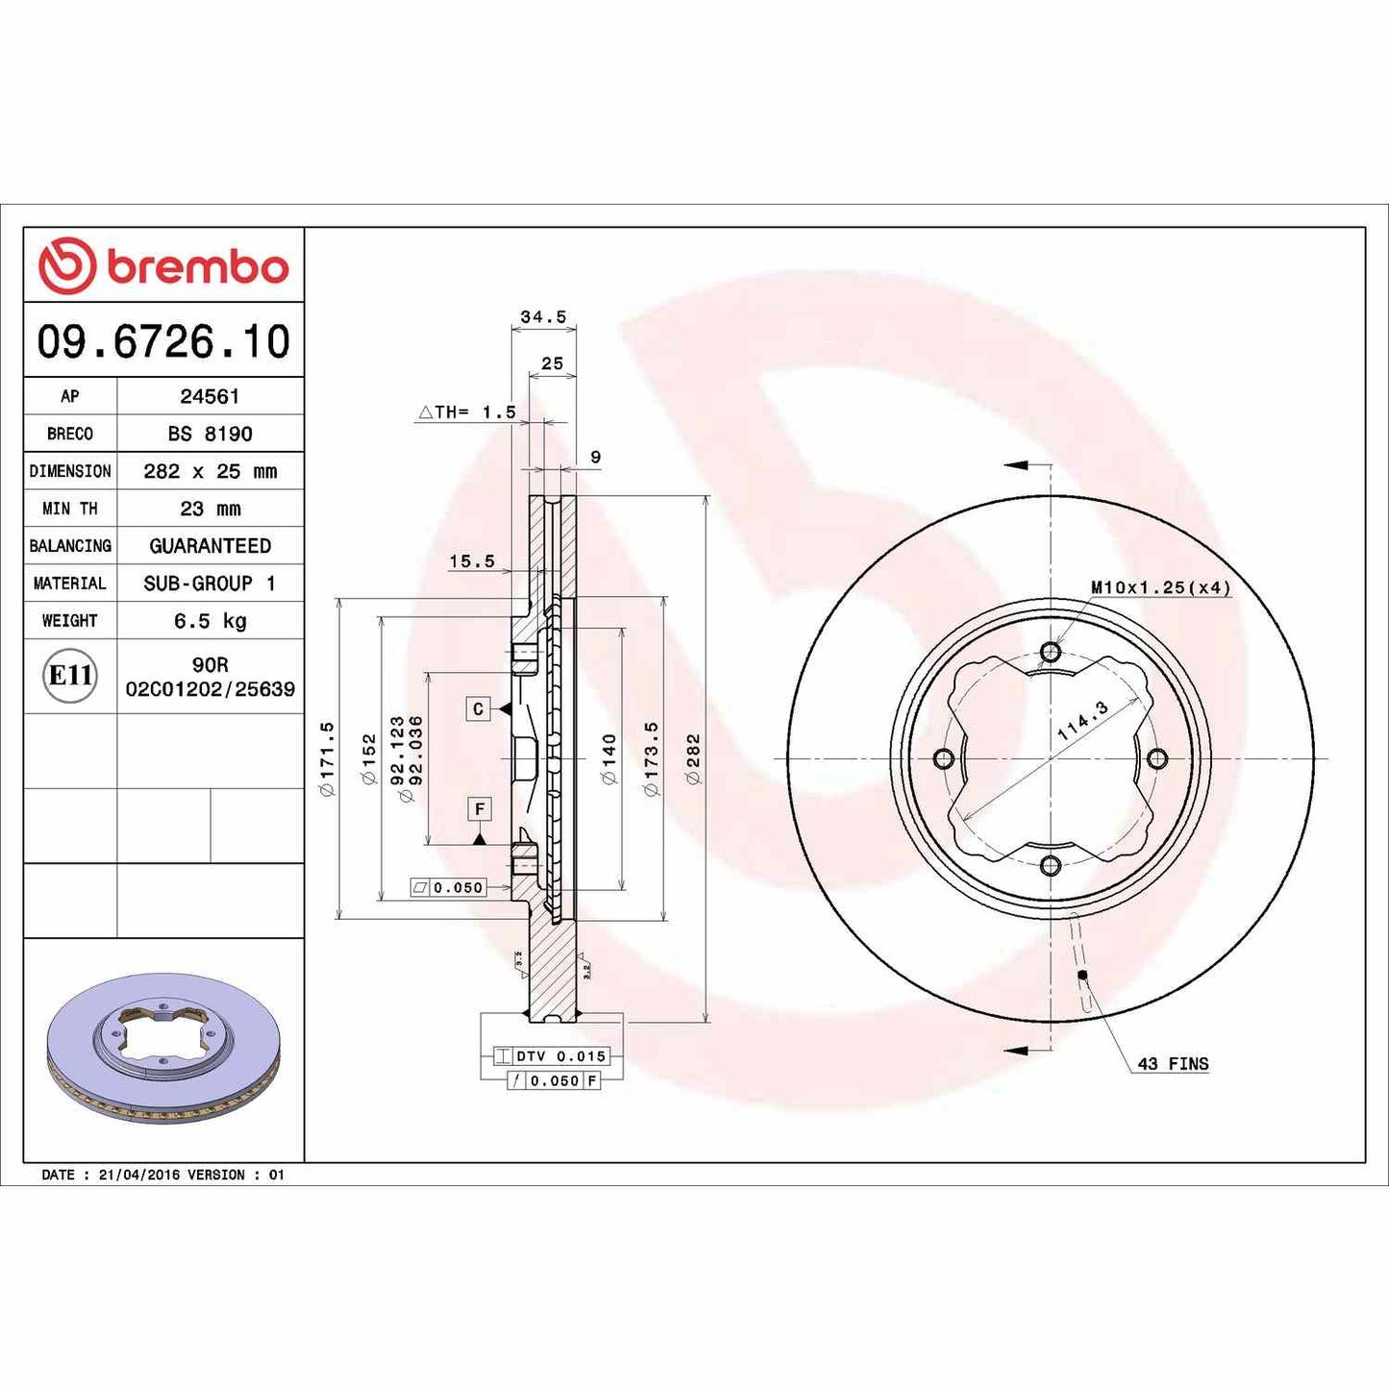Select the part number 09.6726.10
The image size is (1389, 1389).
pos(163,342)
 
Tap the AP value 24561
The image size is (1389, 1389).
pos(210,396)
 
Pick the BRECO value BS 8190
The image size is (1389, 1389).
pos(210,434)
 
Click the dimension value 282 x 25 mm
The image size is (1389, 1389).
pos(210,471)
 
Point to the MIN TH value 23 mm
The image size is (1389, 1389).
pos(210,508)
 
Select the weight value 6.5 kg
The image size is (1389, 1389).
pos(210,621)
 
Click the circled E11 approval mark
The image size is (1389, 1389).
pos(70,676)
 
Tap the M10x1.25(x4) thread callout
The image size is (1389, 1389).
pos(1159,587)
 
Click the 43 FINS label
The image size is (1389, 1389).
pos(1172,1064)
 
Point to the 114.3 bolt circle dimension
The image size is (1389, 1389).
pos(1082,720)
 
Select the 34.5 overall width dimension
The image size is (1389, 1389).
pos(543,317)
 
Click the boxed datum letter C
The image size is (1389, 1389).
pos(478,709)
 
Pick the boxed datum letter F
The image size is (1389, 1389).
pos(479,809)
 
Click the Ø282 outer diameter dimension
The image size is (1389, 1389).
pos(693,758)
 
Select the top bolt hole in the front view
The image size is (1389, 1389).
pos(1051,653)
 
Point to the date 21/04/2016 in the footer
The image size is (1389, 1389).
pos(138,1175)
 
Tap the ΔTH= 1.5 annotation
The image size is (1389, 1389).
pos(467,412)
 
